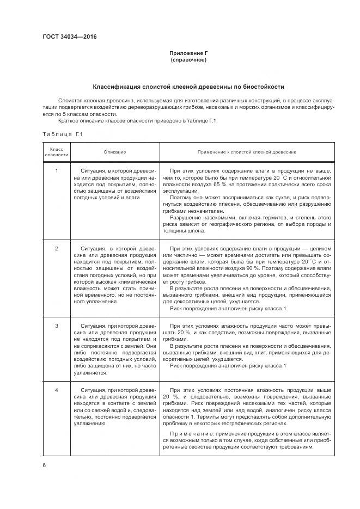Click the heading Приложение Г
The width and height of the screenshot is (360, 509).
coord(188,53)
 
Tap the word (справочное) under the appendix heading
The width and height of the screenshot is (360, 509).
coord(188,59)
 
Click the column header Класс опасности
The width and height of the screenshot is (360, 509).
coord(57,152)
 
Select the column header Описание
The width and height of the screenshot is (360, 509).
coord(115,152)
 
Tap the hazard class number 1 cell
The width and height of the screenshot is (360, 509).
coord(57,171)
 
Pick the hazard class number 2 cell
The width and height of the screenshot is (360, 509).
coord(57,248)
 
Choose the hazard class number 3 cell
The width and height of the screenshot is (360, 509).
coord(57,326)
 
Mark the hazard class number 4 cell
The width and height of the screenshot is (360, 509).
coord(57,390)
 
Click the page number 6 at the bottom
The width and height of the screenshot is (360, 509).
coord(44,465)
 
